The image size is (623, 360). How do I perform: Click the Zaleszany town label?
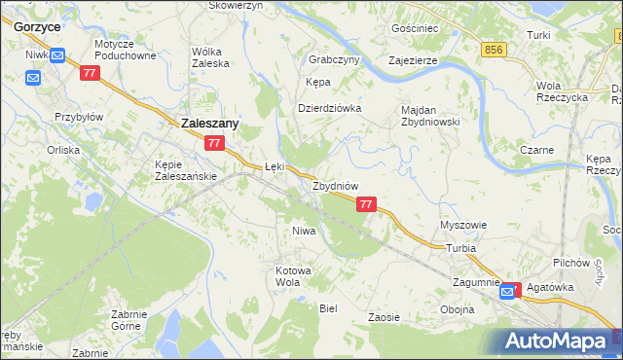(x=210, y=124)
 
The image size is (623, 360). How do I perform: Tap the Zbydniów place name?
(x=336, y=186)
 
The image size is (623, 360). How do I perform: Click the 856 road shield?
(x=495, y=49)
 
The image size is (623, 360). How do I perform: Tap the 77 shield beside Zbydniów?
(x=366, y=204)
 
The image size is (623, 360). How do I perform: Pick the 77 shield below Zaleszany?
(x=215, y=143)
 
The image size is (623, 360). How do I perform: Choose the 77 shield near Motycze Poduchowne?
(x=90, y=73)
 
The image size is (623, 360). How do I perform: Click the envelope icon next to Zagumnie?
(x=508, y=290)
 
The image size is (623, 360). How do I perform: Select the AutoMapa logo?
(x=558, y=342)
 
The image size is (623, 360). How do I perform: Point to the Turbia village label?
(x=461, y=248)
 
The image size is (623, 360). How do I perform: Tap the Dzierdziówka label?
(x=329, y=108)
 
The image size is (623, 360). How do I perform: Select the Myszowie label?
(x=463, y=225)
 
